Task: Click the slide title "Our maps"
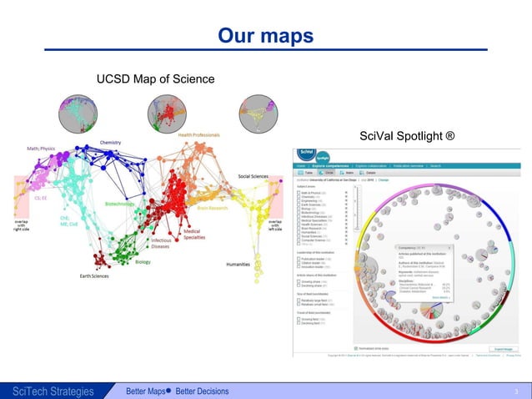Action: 265,36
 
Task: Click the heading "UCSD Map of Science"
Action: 155,79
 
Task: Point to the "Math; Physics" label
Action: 34,149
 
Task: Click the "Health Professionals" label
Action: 198,135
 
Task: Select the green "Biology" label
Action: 143,260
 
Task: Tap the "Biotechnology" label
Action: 119,203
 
